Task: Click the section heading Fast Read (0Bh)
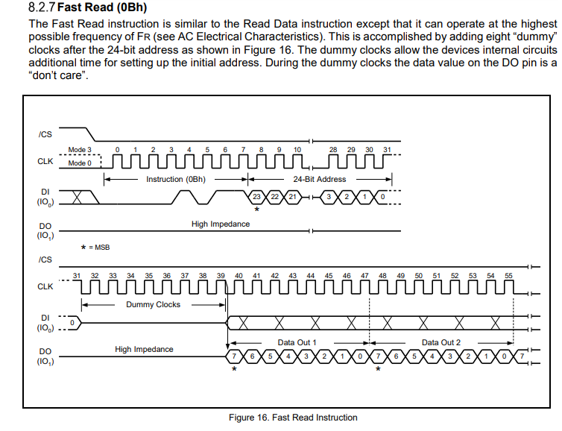(96, 8)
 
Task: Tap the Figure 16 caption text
(293, 418)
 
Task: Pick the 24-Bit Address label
(319, 179)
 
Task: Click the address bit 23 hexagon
(256, 196)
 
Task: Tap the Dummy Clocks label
(153, 304)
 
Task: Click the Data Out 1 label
(297, 342)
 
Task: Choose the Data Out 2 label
(441, 342)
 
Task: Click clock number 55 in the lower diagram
(509, 276)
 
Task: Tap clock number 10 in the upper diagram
(297, 150)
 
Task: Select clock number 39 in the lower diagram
(221, 276)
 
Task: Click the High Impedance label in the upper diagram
(221, 224)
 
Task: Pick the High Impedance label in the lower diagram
(144, 349)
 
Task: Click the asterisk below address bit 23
(256, 210)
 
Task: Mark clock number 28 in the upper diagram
(333, 150)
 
